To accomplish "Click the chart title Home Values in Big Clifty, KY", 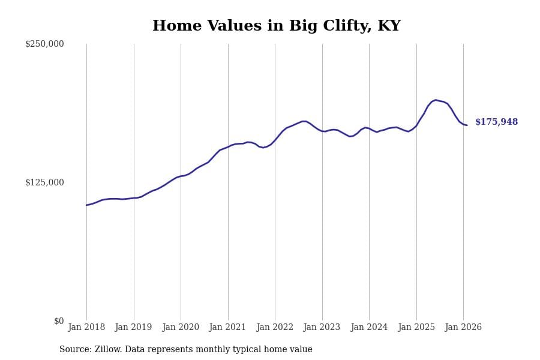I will coord(276,26).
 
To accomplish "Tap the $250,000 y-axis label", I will coord(44,44).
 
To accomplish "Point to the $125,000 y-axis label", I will coord(44,182).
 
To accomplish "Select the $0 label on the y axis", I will coord(59,321).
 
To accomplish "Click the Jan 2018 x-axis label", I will coord(86,328).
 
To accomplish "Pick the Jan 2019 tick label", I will coord(133,328).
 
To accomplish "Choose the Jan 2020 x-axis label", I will coord(181,328).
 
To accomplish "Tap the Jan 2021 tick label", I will coord(227,328).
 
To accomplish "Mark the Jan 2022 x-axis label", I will coord(275,328).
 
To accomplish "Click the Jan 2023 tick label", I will coord(322,328).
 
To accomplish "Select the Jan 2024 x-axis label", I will coord(369,328).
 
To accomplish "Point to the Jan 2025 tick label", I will coord(416,328).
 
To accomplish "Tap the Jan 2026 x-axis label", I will coord(463,328).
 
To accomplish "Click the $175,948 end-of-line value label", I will coord(496,122).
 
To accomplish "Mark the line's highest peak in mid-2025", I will coord(436,100).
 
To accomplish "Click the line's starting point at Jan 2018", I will coord(86,205).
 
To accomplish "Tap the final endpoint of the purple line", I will coord(467,125).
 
